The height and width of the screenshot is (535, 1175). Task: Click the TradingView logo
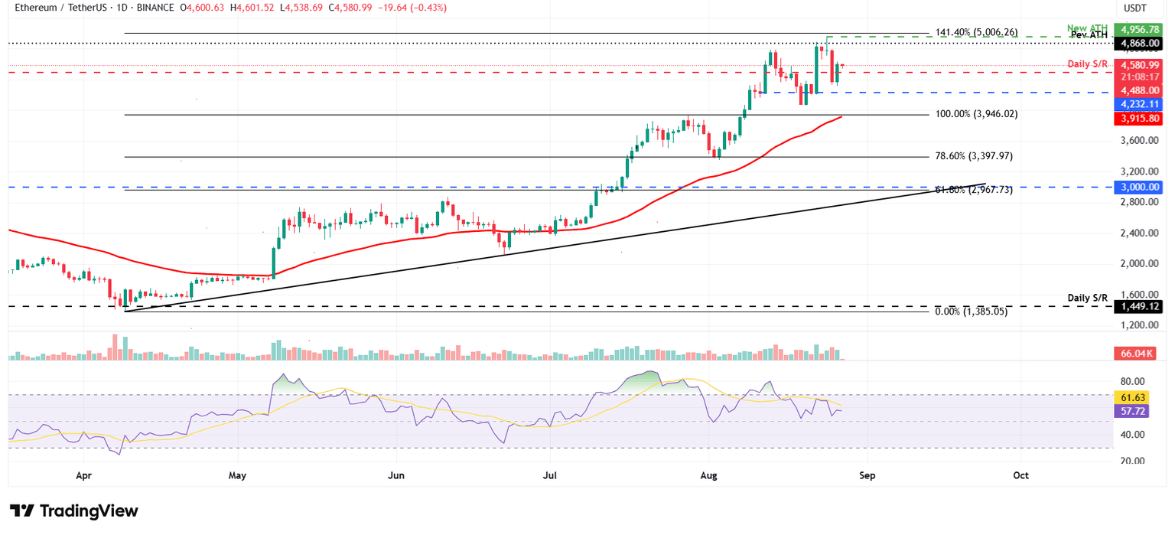pyautogui.click(x=74, y=511)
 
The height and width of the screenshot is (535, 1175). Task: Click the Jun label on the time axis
pyautogui.click(x=396, y=475)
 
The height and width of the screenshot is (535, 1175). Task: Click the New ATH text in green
pyautogui.click(x=1086, y=27)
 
